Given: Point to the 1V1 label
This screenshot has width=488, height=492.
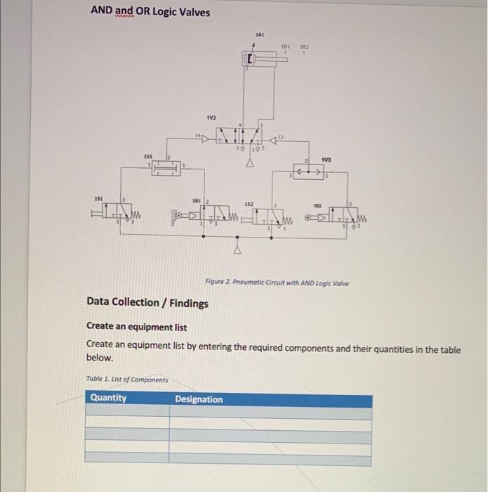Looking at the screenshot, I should [147, 156].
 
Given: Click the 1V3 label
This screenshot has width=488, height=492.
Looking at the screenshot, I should [327, 160].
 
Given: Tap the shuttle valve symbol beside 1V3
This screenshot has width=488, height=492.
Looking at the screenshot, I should [309, 170].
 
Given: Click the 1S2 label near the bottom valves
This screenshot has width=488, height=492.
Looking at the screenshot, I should [249, 204].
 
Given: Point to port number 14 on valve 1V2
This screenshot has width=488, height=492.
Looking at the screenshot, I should [198, 132].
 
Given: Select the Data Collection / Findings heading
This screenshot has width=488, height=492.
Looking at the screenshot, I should [147, 303].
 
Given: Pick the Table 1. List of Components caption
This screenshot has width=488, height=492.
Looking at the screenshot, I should [126, 380].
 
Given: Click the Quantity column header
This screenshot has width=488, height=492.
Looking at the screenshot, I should [108, 398].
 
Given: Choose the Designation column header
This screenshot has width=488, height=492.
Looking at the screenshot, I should [199, 399].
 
